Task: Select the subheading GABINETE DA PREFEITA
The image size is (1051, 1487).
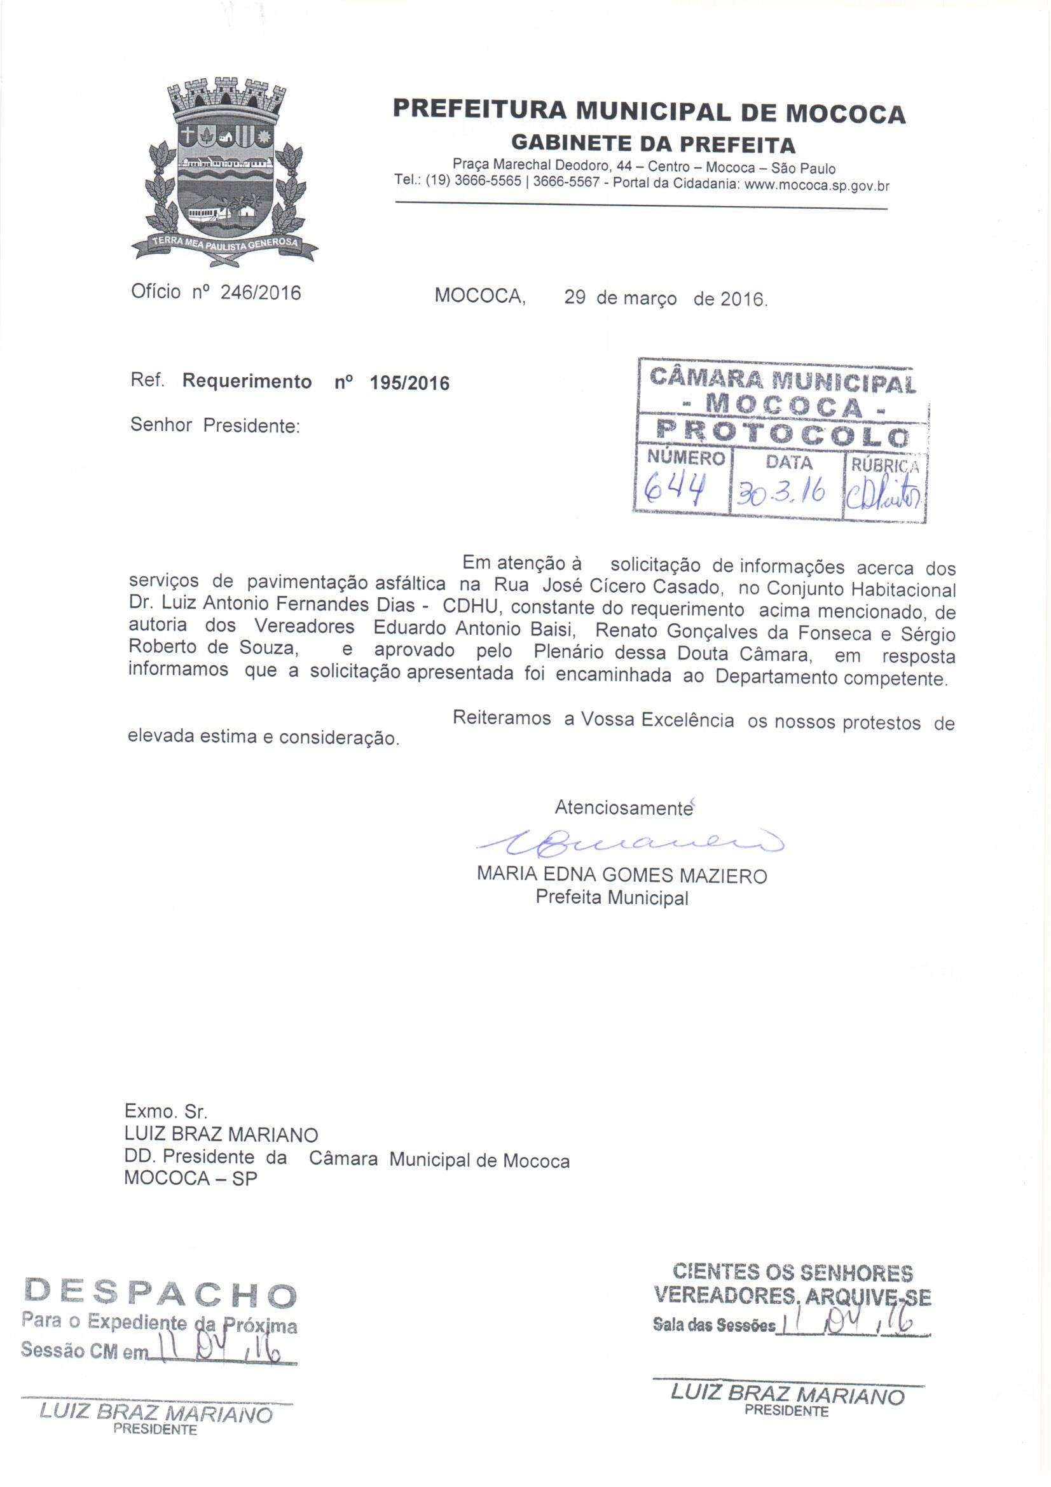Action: pos(653,143)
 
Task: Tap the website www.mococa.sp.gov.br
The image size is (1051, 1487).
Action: pos(817,186)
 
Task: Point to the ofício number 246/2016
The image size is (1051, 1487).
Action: pos(260,293)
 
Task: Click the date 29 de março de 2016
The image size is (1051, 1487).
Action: pos(665,298)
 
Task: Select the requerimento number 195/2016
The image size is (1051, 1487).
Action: pos(409,383)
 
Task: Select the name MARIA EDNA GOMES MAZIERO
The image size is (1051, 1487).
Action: pos(622,876)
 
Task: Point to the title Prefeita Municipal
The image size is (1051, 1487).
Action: pos(611,897)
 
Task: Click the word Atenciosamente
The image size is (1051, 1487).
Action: pos(623,808)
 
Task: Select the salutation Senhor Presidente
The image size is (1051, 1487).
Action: pos(215,425)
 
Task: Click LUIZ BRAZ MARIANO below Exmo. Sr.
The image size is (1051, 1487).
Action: pos(221,1134)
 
